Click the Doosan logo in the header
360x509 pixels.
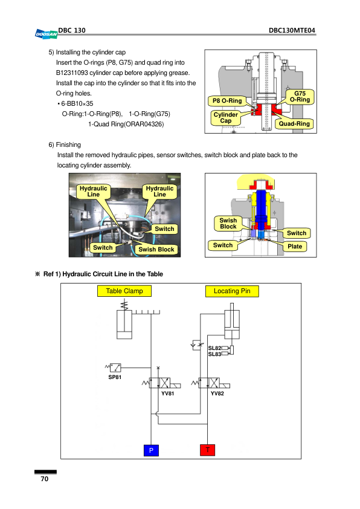pos(46,34)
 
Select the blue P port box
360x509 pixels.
pos(151,450)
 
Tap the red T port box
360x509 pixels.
pos(208,450)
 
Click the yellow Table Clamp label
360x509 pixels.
pos(124,291)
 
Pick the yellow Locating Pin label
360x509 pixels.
pos(232,291)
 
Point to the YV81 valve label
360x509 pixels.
pos(168,394)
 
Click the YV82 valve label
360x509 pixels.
pos(217,394)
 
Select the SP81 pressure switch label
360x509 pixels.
pos(115,377)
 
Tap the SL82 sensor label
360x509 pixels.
pos(214,348)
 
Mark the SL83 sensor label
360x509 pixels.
pos(214,354)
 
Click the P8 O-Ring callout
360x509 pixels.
pos(227,101)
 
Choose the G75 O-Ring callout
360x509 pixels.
pos(300,97)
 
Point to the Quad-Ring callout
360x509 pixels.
pos(294,124)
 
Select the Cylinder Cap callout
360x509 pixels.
pos(226,118)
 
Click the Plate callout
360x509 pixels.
pos(295,247)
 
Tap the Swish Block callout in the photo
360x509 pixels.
pos(156,249)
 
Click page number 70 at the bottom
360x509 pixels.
pos(45,479)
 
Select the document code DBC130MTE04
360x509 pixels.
pos(292,30)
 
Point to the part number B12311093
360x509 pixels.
pos(72,73)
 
